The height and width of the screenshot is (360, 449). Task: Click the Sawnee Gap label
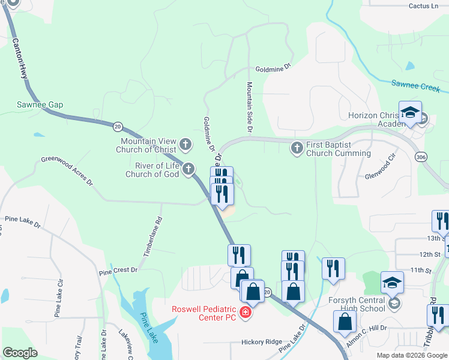(x=40, y=104)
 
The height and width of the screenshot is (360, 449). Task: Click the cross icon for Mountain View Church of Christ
(x=185, y=145)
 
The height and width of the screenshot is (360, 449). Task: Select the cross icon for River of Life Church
(x=188, y=170)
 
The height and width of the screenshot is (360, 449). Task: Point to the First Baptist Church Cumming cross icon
(x=297, y=148)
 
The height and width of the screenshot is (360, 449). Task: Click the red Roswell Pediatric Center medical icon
(x=245, y=312)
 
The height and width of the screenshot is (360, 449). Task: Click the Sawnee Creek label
(x=416, y=87)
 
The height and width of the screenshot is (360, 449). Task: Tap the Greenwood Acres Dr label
(x=67, y=170)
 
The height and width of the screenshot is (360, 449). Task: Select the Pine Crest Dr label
(x=118, y=271)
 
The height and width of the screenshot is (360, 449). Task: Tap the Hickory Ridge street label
(x=261, y=342)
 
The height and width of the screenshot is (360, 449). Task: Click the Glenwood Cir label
(x=381, y=168)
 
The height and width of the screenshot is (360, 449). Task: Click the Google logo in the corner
(x=20, y=353)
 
